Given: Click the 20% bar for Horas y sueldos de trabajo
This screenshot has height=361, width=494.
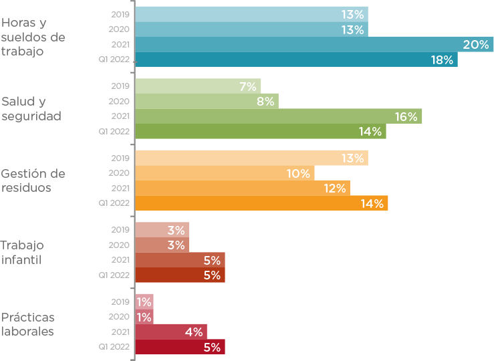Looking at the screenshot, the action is click(x=314, y=44).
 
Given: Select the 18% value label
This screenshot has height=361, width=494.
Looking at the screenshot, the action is click(x=442, y=60).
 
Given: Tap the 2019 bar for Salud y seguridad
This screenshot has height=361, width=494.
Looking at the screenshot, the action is click(x=198, y=86).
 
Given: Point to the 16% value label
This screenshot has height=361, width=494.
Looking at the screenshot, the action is click(x=406, y=117).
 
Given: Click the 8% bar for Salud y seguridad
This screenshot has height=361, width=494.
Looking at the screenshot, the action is click(x=207, y=101).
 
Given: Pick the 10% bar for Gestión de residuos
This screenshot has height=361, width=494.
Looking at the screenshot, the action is click(x=225, y=173).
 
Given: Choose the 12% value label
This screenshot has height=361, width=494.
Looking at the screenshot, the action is click(x=335, y=189).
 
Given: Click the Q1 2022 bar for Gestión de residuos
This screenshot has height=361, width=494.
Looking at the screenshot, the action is click(x=261, y=203).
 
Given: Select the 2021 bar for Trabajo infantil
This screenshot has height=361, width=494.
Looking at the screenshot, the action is click(x=180, y=260).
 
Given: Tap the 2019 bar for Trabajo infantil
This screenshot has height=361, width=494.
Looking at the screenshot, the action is click(x=162, y=230).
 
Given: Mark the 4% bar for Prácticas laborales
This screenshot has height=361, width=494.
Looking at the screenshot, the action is click(x=171, y=332).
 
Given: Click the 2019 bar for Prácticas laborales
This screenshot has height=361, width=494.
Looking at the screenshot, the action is click(x=144, y=302).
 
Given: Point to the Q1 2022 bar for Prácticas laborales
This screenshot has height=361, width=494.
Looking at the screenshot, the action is click(x=180, y=346).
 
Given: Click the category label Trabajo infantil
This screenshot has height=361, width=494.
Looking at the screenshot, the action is click(x=22, y=252).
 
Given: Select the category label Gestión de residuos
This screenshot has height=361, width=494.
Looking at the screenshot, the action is click(x=33, y=180).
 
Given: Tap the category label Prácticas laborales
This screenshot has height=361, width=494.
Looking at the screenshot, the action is click(x=27, y=324).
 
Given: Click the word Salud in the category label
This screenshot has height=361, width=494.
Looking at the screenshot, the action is click(x=18, y=102).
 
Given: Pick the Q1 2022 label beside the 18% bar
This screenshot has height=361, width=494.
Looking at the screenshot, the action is click(x=114, y=59).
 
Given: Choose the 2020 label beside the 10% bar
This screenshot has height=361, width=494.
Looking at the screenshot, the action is click(x=119, y=173).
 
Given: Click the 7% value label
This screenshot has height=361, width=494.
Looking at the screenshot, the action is click(x=248, y=86).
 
